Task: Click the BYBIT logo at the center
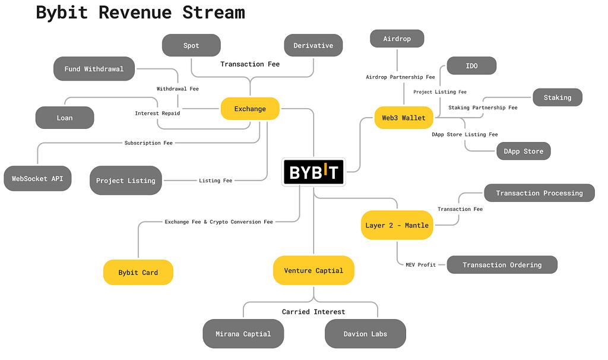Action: [313, 172]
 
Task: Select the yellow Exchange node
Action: [250, 109]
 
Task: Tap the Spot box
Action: [191, 46]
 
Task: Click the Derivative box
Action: [313, 46]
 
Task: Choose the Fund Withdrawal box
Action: [94, 69]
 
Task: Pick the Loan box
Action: [65, 118]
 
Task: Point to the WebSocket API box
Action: [37, 178]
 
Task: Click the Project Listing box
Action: [125, 181]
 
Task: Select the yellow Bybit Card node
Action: [138, 273]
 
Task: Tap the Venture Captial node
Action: [313, 270]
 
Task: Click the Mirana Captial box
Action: [243, 334]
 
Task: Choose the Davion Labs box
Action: [365, 334]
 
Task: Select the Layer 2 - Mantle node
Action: [397, 225]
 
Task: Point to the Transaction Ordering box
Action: [502, 265]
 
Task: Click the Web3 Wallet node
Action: [403, 118]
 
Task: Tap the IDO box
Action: [471, 66]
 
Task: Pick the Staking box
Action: [557, 97]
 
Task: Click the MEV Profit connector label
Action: [420, 265]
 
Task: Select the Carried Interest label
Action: [313, 312]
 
